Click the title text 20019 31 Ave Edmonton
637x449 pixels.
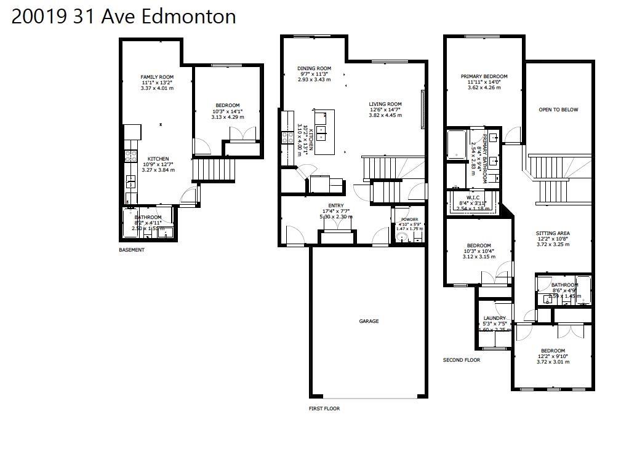tap(124, 17)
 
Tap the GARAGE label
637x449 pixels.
tap(369, 321)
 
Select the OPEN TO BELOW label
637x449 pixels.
tap(558, 110)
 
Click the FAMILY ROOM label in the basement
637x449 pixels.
tap(158, 77)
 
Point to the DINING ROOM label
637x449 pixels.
tap(314, 68)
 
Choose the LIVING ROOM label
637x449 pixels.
tap(385, 104)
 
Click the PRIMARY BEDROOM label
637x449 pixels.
tap(484, 77)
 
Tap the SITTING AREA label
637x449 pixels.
tap(553, 234)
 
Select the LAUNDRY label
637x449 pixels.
tap(495, 318)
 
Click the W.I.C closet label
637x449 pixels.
tap(473, 197)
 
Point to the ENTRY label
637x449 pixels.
tap(336, 205)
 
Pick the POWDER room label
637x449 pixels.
tap(409, 219)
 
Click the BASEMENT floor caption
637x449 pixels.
tap(132, 250)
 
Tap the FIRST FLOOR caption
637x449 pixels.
tap(324, 408)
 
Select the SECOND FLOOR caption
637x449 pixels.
tap(462, 360)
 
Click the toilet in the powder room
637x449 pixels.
tap(403, 237)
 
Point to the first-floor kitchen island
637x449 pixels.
tap(324, 131)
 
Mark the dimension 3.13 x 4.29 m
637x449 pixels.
tap(227, 117)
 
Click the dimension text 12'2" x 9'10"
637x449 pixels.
tap(553, 356)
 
